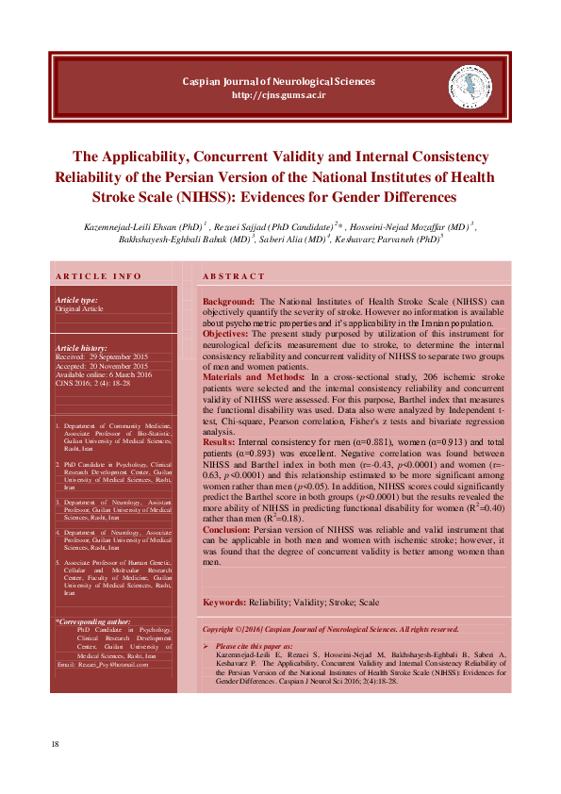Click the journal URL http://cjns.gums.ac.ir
tap(279, 95)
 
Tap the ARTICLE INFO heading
tap(99, 276)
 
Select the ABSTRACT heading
tap(235, 276)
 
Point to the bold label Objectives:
tap(225, 333)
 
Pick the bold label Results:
tap(219, 441)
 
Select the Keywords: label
tap(224, 602)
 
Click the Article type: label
tap(76, 300)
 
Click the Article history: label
tap(81, 349)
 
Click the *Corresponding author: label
tap(93, 622)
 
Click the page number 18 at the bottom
tap(56, 745)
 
